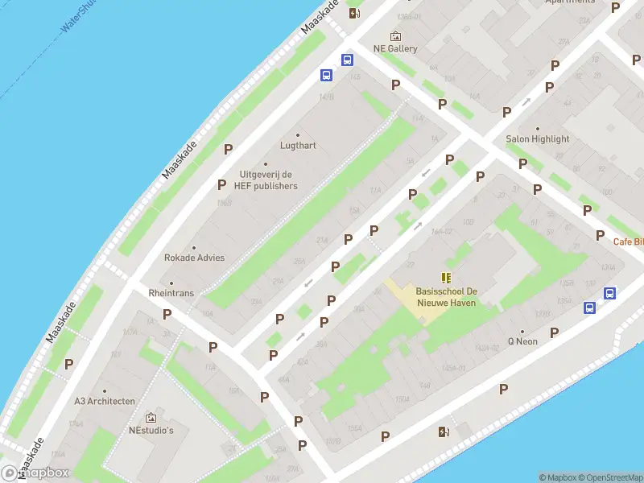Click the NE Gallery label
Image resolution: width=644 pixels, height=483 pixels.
click(x=395, y=48)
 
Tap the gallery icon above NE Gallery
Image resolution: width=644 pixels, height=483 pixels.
click(x=395, y=36)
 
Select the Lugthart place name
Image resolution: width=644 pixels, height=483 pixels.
click(x=298, y=146)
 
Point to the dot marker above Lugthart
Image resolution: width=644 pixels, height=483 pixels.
click(x=298, y=134)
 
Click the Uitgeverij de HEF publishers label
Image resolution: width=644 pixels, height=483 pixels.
click(x=266, y=180)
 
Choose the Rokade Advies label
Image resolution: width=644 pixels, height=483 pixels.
click(x=194, y=258)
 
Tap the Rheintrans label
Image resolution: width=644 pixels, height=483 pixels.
click(x=171, y=293)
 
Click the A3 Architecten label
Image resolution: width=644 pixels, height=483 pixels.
click(x=105, y=401)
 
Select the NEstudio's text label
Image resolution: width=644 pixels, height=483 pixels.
click(x=151, y=430)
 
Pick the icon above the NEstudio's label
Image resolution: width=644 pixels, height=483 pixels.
click(x=151, y=418)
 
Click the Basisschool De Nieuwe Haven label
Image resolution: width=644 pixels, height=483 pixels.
click(x=446, y=297)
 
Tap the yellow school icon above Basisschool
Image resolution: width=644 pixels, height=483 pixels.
click(x=446, y=278)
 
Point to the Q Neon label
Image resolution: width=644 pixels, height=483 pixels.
click(x=522, y=341)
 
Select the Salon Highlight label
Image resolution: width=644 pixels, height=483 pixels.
click(x=538, y=139)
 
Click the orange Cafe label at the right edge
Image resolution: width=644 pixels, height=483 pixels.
click(x=628, y=242)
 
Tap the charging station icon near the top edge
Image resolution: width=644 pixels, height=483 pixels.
click(x=353, y=12)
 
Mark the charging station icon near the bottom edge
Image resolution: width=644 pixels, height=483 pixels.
click(x=444, y=431)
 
